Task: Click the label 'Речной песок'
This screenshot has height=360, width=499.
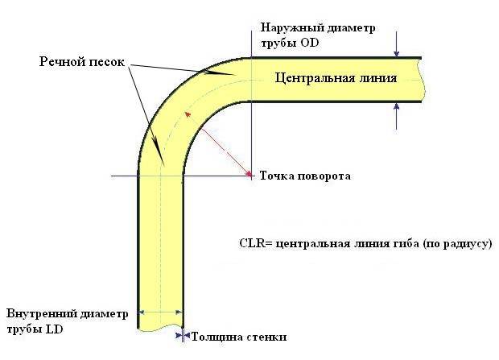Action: (x=82, y=62)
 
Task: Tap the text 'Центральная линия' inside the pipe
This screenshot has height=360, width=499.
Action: (x=336, y=78)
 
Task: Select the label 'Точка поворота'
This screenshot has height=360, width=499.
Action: (x=305, y=176)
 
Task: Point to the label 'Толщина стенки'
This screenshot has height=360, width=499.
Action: (x=239, y=337)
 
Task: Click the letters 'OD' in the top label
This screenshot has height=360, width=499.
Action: (x=310, y=43)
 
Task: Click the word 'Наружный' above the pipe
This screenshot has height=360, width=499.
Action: (x=289, y=27)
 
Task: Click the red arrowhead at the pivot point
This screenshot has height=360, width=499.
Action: (x=249, y=173)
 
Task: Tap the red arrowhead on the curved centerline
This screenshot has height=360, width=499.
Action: (x=188, y=114)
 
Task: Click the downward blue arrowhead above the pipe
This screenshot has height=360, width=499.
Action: (x=396, y=53)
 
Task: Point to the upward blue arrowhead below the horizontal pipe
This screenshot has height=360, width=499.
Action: (x=396, y=107)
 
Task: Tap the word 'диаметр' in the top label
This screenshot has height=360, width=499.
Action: (x=348, y=28)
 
